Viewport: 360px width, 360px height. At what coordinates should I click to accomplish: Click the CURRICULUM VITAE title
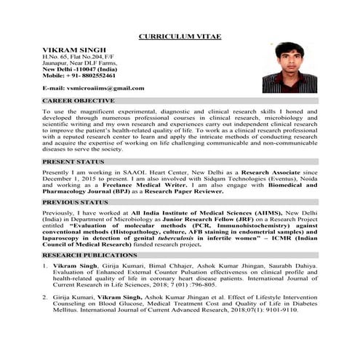(180, 36)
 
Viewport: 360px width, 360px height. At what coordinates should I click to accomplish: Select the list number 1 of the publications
(46, 268)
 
